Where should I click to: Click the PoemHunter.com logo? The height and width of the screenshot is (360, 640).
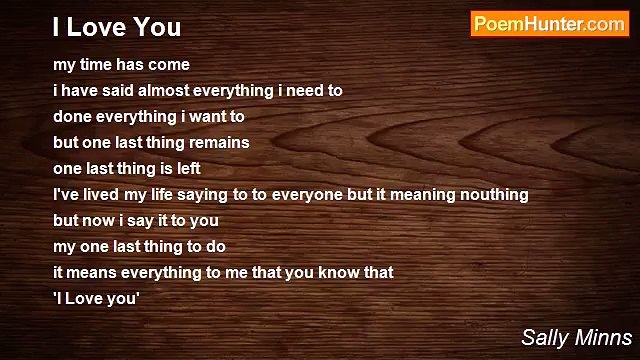[549, 25]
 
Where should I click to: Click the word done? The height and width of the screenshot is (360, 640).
[72, 116]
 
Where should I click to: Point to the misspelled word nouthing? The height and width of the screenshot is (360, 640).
[492, 194]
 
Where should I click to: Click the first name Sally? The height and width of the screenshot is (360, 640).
[542, 337]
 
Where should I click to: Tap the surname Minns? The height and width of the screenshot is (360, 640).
[602, 337]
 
